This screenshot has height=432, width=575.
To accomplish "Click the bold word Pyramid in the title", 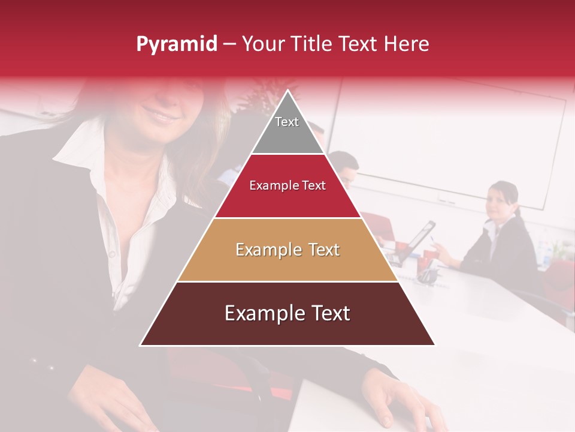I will pos(176,44).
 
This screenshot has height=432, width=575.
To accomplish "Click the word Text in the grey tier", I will pos(287,122).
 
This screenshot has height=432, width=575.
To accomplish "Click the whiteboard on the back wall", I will pos(455,144).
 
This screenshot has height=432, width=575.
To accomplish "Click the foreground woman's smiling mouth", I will pos(161,113).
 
